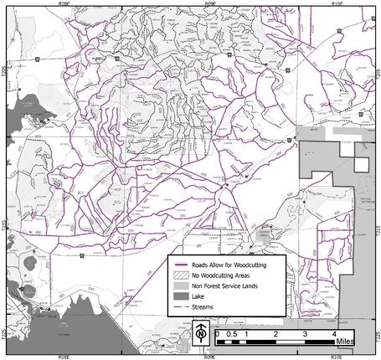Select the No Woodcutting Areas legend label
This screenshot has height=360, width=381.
[221, 274]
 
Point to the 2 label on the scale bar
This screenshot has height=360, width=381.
[275, 333]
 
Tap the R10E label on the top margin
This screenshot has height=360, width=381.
[338, 3]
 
